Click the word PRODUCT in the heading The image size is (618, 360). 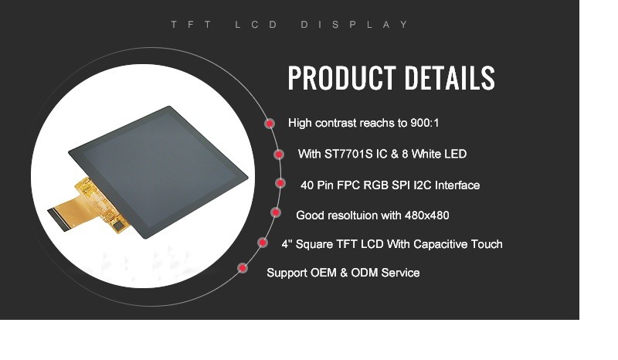click(341, 78)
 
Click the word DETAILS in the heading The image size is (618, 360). click(450, 78)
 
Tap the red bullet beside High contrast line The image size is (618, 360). click(270, 124)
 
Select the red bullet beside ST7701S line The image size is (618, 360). click(279, 155)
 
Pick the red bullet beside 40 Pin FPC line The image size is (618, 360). click(280, 183)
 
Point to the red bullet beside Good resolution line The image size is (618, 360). click(276, 212)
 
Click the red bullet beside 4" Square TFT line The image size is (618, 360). click(263, 242)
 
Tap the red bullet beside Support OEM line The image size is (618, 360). click(243, 268)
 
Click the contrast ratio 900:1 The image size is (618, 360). click(424, 123)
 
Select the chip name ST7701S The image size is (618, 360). click(348, 154)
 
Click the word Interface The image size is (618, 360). click(457, 185)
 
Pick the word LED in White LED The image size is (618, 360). click(456, 154)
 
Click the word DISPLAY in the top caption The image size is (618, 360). click(355, 25)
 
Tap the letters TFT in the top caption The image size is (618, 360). click(192, 25)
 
